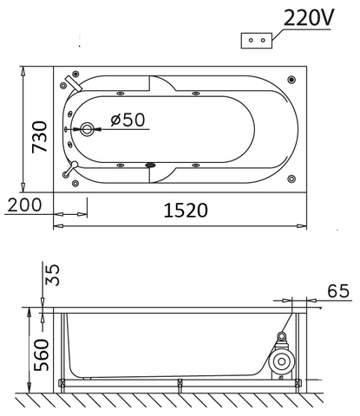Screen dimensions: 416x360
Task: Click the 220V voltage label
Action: coord(306,17)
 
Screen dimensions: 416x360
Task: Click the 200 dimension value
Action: coord(23,205)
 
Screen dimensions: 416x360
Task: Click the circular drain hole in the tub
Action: coord(87,131)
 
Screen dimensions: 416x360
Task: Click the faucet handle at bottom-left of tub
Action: coord(75,166)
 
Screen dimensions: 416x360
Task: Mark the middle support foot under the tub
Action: coord(178,384)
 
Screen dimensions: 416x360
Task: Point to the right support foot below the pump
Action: coord(292,384)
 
